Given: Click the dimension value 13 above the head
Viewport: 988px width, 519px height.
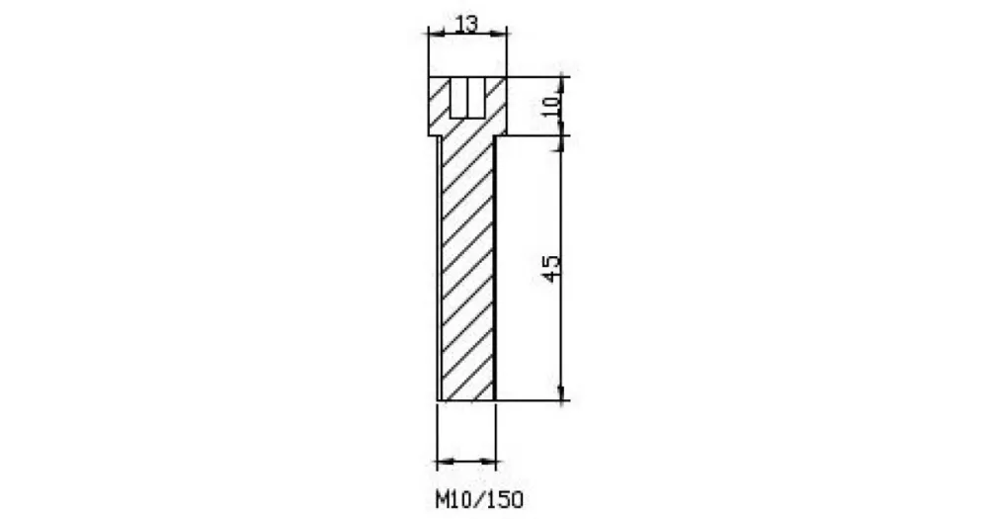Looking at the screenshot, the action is [466, 24].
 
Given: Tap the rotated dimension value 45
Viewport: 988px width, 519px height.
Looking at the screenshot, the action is [550, 269].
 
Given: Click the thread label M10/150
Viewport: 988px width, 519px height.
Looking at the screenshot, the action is [479, 500].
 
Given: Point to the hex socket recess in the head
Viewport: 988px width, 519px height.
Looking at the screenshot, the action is [467, 97].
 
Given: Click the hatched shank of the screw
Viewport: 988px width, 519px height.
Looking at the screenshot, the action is [467, 268].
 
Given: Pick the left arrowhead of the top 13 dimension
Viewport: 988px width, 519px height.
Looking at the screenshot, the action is [436, 33].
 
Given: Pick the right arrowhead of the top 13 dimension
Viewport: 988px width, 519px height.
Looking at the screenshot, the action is [499, 33].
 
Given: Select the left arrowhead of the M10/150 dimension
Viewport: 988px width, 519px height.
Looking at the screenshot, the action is [445, 463].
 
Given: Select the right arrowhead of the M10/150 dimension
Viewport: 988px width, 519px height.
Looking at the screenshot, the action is [488, 463].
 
